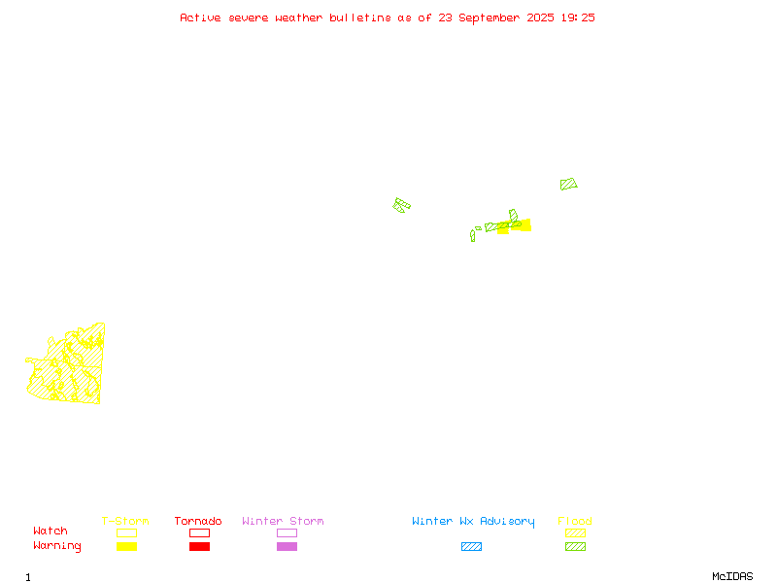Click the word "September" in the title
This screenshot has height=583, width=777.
coord(490,18)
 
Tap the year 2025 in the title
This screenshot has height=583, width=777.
coord(540,17)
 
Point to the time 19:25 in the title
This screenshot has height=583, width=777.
coord(578,17)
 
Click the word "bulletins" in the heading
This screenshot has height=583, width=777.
coord(360,17)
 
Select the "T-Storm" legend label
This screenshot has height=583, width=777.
coord(125,521)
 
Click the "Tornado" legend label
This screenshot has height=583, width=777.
coord(198,521)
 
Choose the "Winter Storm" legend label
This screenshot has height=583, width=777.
coord(283,521)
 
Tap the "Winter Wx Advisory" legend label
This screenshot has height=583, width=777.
coord(473,522)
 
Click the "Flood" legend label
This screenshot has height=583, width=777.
coord(575,521)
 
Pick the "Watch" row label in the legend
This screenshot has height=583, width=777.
coord(51,531)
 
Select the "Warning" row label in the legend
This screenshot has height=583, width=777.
coord(57,546)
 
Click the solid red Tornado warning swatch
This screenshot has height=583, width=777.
coord(200,546)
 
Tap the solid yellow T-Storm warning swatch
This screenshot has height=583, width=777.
coord(127,546)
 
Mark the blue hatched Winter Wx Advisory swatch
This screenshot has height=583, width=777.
coord(471,546)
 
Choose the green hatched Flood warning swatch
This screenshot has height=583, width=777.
coord(575,546)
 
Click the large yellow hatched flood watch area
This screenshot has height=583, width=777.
coord(67,364)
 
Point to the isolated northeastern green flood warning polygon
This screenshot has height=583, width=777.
coord(568,184)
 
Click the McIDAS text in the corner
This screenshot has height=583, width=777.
coord(732,576)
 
